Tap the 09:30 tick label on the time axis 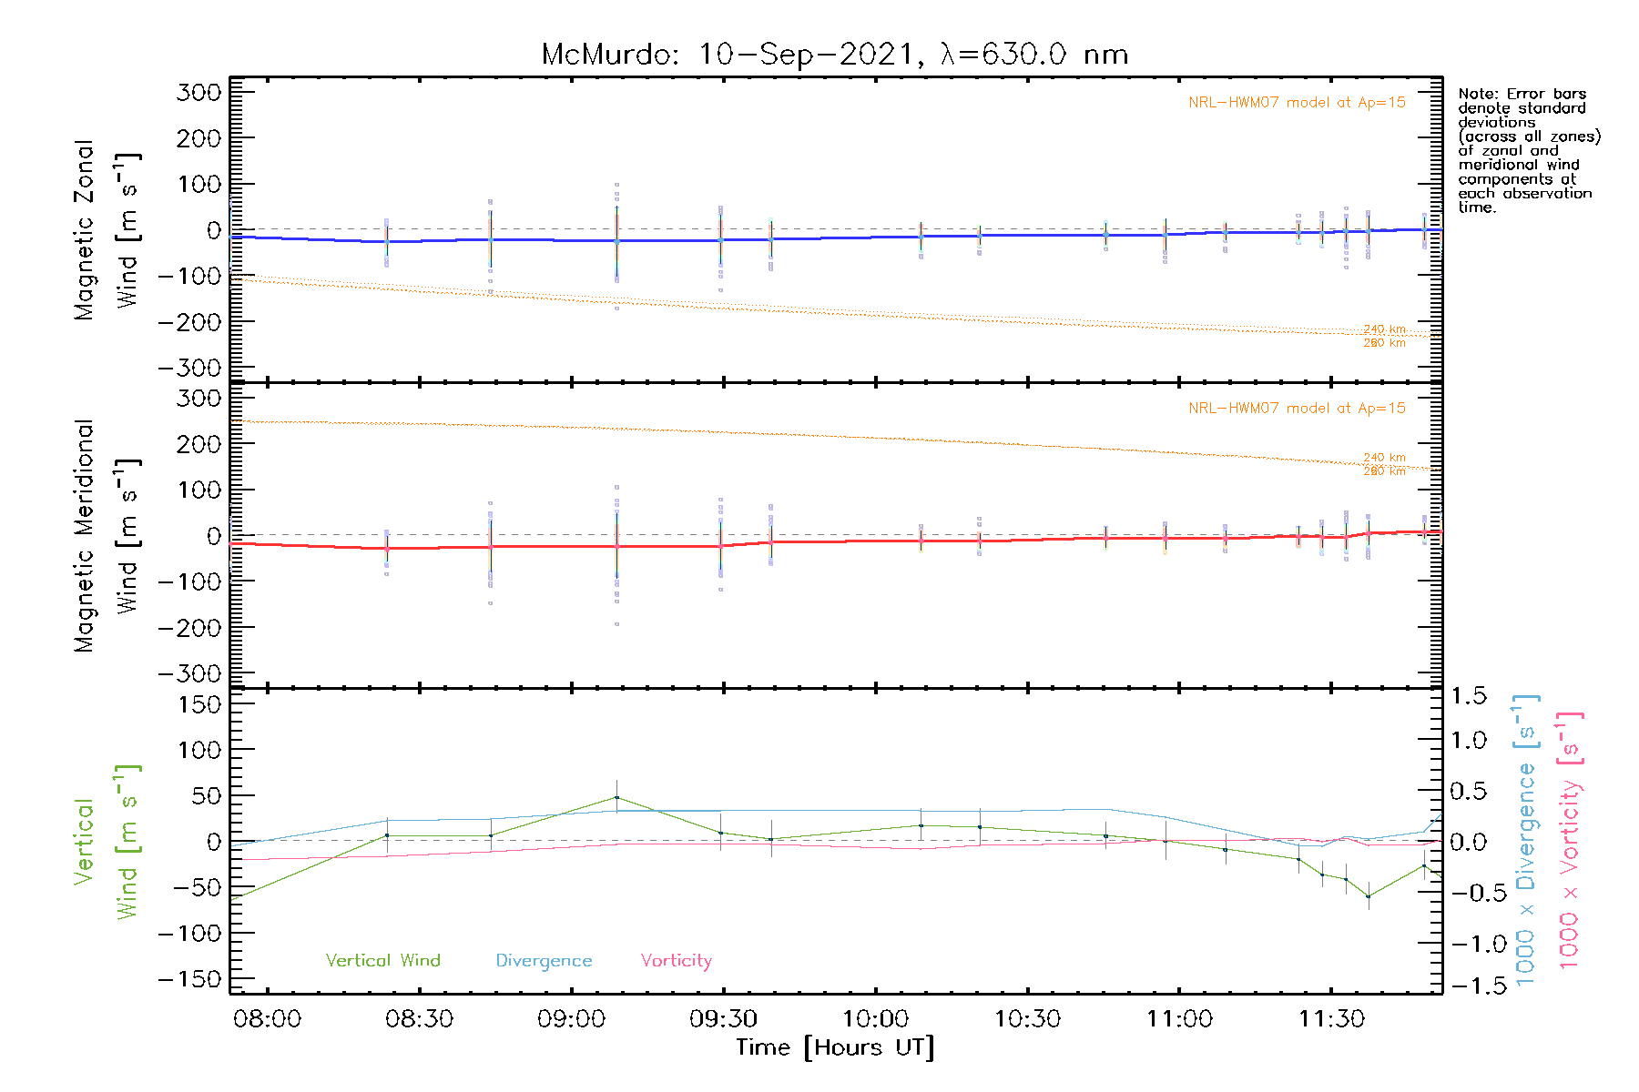click(723, 1019)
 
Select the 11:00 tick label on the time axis click(1179, 1019)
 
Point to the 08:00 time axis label click(267, 1019)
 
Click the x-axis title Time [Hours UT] click(835, 1047)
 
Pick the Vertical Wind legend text click(382, 960)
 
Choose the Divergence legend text click(544, 961)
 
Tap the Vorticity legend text click(676, 960)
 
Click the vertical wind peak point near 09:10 click(616, 798)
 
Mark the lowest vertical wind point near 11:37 click(1368, 896)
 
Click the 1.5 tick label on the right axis click(1468, 696)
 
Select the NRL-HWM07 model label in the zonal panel click(1297, 103)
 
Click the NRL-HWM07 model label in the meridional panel click(1297, 409)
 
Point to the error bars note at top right click(1528, 150)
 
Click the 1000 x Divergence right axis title click(1525, 839)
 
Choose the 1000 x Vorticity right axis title click(1569, 839)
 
